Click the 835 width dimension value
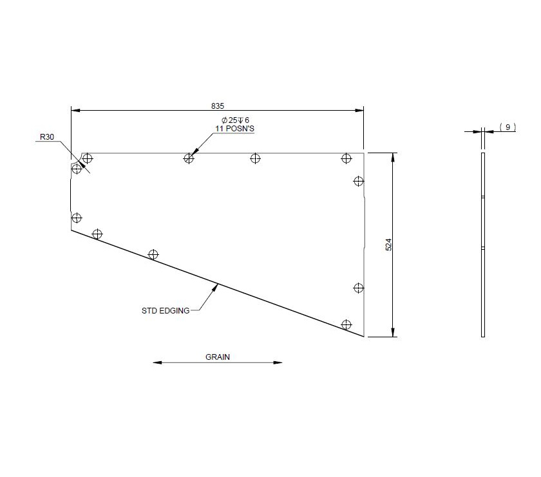pos(217,105)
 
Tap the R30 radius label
pos(46,136)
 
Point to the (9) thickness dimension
pos(508,127)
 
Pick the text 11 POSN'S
pos(234,129)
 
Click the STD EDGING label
pos(166,310)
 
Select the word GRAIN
pos(218,356)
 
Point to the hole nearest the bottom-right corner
pos(346,324)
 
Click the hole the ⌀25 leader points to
pos(189,158)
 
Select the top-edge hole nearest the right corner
pos(346,158)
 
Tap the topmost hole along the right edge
pos(359,180)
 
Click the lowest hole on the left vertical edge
pos(77,218)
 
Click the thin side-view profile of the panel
pos(483,245)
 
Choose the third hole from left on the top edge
pos(256,158)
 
